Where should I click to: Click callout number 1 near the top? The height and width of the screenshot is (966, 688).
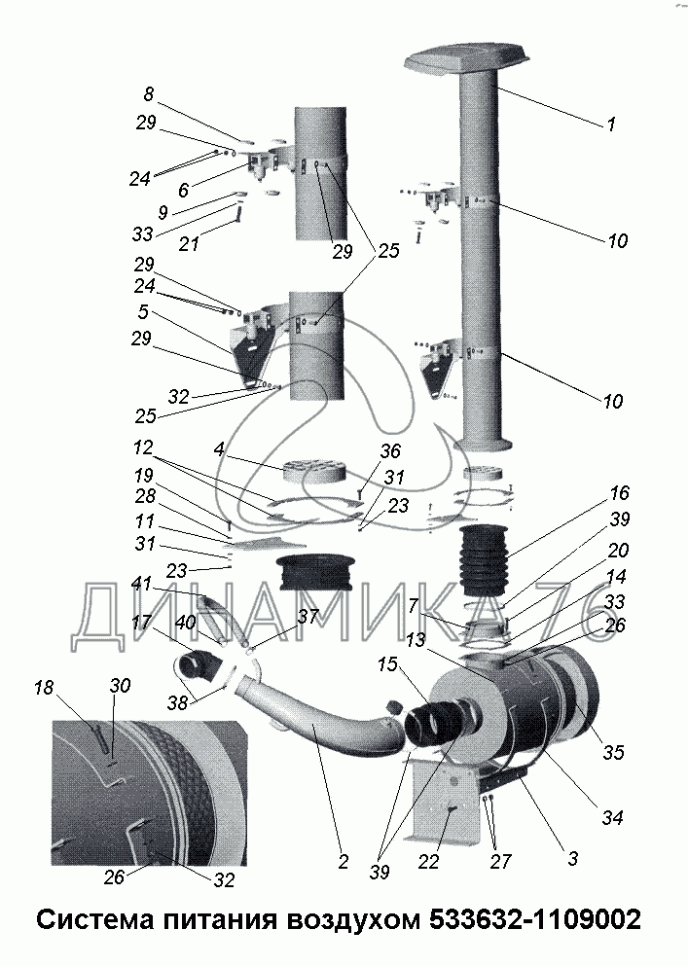[x=611, y=125]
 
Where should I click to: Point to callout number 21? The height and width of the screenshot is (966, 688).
[x=189, y=244]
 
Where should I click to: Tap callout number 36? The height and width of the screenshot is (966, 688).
[x=390, y=451]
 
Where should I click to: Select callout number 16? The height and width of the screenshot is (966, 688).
[x=620, y=493]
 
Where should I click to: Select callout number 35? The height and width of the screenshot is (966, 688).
[x=615, y=752]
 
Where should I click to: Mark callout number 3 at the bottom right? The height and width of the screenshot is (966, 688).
[x=573, y=858]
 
